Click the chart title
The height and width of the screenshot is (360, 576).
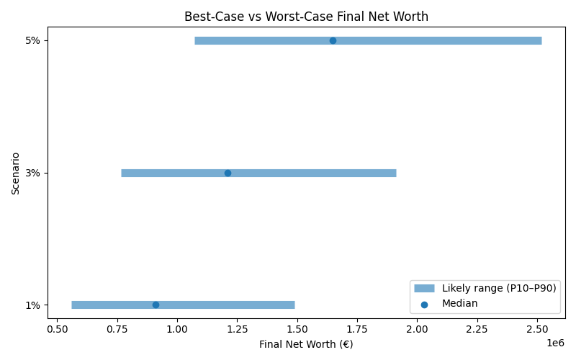click(x=306, y=17)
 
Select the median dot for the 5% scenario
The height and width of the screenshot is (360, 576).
click(x=333, y=40)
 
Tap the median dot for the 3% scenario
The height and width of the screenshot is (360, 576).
click(x=228, y=173)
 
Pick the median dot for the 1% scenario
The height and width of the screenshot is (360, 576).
click(x=156, y=305)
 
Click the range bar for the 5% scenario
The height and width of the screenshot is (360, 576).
click(x=432, y=40)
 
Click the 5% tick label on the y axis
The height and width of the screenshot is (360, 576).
click(x=32, y=40)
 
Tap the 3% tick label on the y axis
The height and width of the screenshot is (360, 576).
click(x=32, y=173)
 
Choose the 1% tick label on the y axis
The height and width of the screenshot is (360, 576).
click(x=32, y=305)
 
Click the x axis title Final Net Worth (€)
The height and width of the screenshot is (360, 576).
click(x=306, y=344)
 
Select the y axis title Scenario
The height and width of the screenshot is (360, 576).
click(x=16, y=173)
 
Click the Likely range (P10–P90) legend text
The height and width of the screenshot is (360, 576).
click(x=499, y=288)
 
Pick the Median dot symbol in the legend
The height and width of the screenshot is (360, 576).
click(x=424, y=304)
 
